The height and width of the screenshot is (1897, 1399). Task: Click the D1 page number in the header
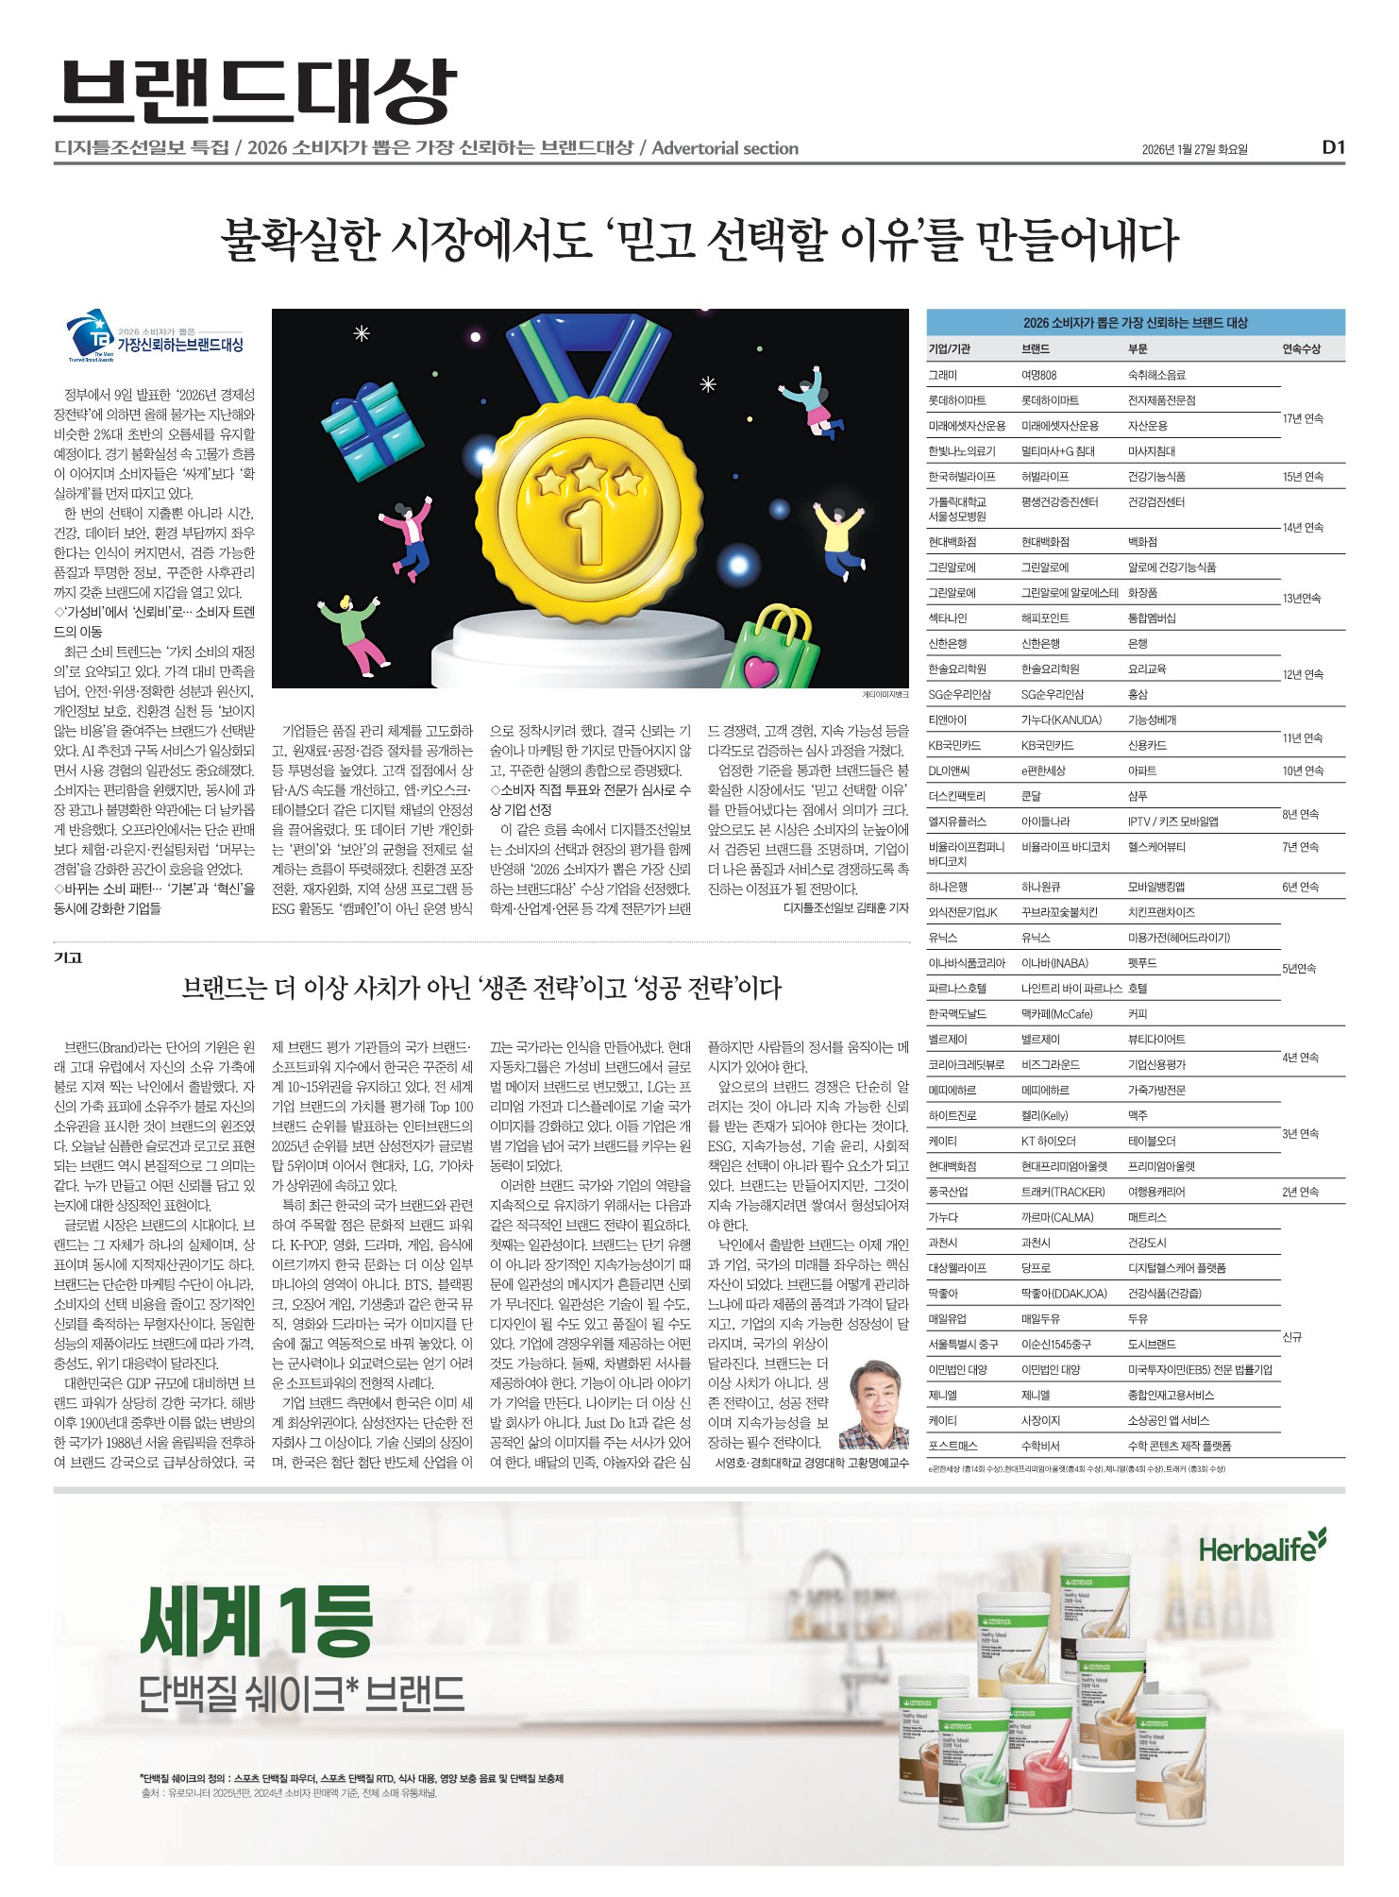coord(1332,147)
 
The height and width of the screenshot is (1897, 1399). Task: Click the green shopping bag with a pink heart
coord(769,652)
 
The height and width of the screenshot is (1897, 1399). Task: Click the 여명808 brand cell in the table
coord(1038,375)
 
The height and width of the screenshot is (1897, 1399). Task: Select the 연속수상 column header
coord(1301,349)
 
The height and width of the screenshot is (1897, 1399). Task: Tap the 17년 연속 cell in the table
coord(1303,418)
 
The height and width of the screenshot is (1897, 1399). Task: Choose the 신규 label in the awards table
coord(1291,1337)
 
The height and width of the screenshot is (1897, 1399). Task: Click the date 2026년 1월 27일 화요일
coord(1194,149)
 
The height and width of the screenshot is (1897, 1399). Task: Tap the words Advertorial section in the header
coord(725,148)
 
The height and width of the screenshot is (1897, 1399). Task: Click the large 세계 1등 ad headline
coord(257,1618)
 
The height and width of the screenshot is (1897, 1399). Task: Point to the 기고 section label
coord(68,957)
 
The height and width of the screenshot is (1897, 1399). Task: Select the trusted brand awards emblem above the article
coord(155,339)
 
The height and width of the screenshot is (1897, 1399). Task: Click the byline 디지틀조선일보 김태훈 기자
coord(845,908)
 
